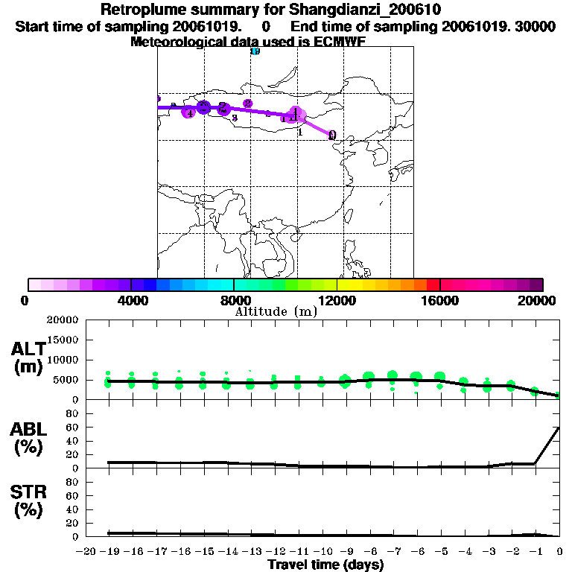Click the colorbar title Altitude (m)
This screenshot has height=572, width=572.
pyautogui.click(x=276, y=311)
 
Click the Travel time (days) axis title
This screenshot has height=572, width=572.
pyautogui.click(x=325, y=565)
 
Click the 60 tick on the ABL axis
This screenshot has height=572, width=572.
pyautogui.click(x=73, y=428)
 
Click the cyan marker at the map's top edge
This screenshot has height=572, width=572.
pyautogui.click(x=255, y=51)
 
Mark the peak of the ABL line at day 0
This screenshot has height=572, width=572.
pyautogui.click(x=559, y=428)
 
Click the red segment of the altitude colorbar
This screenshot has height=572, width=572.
pyautogui.click(x=433, y=285)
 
